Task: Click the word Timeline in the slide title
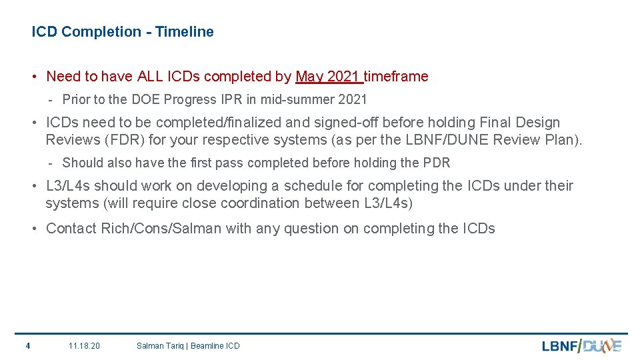click(x=185, y=32)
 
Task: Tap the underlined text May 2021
click(x=328, y=77)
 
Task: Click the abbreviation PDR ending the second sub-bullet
click(x=437, y=163)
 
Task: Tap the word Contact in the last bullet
click(x=71, y=229)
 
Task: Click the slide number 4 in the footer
click(x=27, y=345)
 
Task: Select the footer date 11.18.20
click(x=85, y=345)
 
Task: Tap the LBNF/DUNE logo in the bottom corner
click(x=581, y=345)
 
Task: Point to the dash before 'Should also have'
click(x=51, y=163)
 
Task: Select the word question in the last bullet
click(x=311, y=229)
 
